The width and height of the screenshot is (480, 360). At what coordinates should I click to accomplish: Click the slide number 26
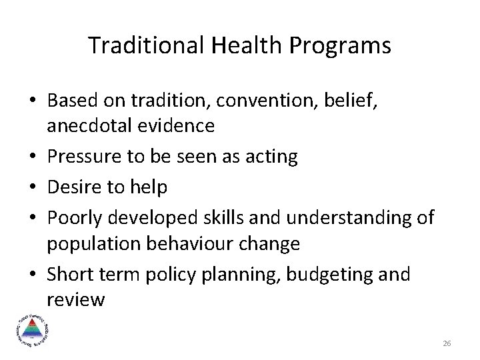[x=447, y=343]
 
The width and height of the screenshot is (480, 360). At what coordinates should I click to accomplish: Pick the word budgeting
[x=327, y=275]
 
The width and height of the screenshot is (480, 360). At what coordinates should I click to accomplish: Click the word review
[x=75, y=300]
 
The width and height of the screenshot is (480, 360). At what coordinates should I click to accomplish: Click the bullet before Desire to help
[x=33, y=187]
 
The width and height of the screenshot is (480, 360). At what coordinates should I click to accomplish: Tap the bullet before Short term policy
[x=33, y=275]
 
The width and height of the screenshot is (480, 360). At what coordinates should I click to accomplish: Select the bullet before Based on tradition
[x=33, y=101]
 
